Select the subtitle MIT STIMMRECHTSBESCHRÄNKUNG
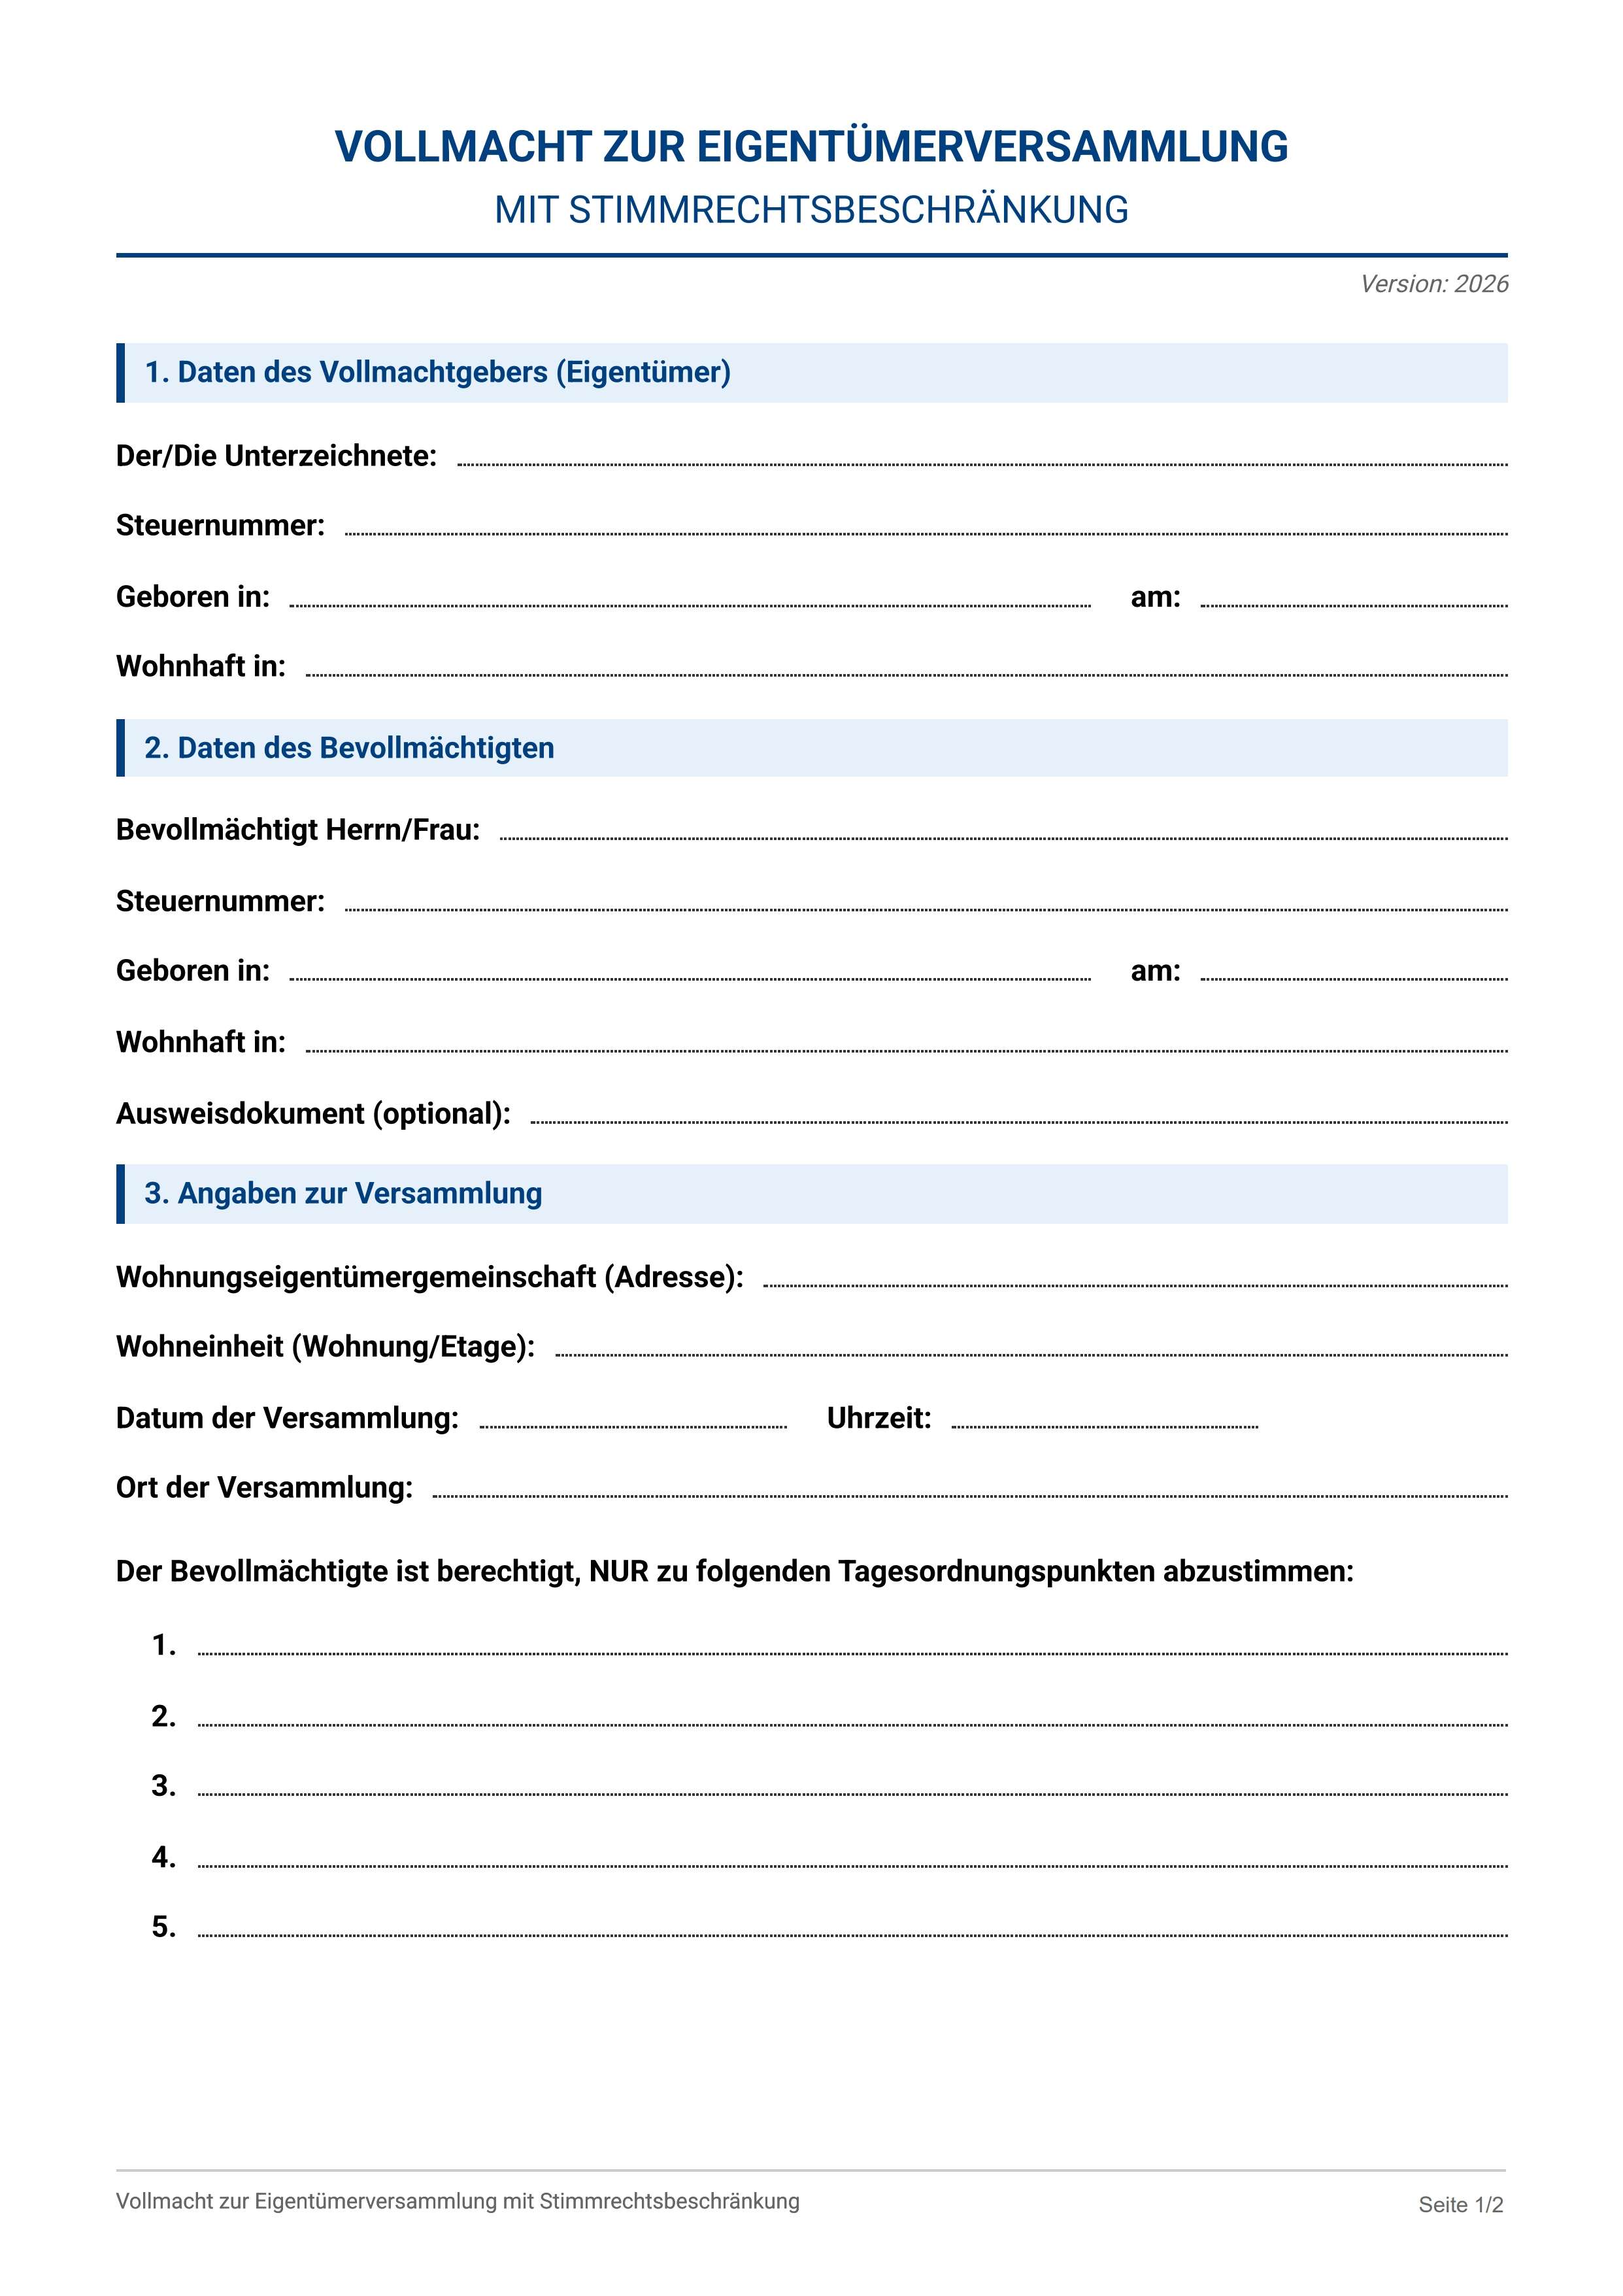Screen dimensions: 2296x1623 811,210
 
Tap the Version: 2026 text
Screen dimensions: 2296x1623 1433,284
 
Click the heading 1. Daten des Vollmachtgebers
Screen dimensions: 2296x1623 437,372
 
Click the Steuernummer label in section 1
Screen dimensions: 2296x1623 220,525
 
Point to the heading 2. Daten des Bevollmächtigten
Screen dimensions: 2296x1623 349,748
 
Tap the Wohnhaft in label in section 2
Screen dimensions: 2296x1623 200,1042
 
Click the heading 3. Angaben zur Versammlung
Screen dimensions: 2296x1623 343,1193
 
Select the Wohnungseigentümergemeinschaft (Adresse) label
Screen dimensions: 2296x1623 429,1277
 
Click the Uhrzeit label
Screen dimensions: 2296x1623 878,1418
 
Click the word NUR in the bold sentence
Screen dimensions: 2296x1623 619,1571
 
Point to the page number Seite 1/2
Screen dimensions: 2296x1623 1460,2204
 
